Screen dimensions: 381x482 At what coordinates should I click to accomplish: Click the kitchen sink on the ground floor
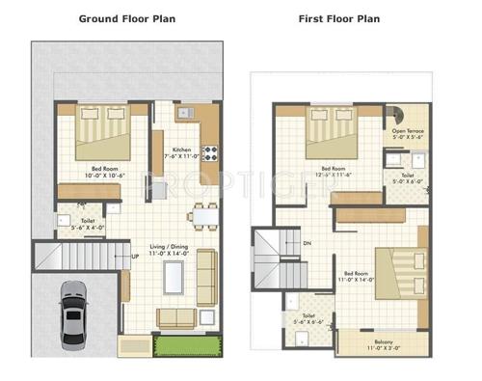[x=185, y=115]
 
